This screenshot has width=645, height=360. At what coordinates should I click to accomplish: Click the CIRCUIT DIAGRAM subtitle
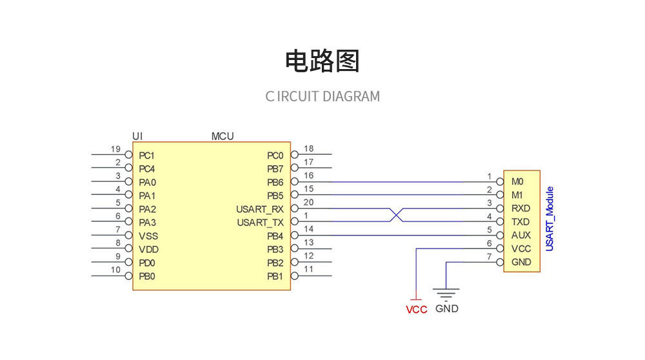[322, 97]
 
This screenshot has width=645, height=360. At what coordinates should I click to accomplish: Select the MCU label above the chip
[223, 136]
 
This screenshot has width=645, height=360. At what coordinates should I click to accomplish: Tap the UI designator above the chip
[137, 136]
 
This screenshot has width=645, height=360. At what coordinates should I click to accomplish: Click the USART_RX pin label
[260, 209]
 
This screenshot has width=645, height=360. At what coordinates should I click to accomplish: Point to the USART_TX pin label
[260, 223]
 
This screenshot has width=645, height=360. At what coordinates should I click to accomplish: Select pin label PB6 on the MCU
[275, 183]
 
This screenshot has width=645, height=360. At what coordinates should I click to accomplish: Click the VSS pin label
[148, 236]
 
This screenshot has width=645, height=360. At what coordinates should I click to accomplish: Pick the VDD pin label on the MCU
[148, 250]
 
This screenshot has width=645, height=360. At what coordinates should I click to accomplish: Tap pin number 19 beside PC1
[115, 149]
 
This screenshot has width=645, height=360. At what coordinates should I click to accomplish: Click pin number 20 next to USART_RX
[308, 203]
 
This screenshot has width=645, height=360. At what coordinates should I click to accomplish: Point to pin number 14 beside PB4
[308, 230]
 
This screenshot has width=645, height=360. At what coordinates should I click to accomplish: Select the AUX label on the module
[521, 235]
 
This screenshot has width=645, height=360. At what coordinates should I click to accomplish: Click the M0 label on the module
[517, 182]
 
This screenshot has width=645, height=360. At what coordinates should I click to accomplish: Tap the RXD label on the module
[521, 208]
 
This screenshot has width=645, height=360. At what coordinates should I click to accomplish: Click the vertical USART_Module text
[550, 219]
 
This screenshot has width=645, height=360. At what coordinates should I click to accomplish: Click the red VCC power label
[416, 310]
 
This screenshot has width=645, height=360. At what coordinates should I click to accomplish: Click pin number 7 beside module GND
[490, 257]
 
